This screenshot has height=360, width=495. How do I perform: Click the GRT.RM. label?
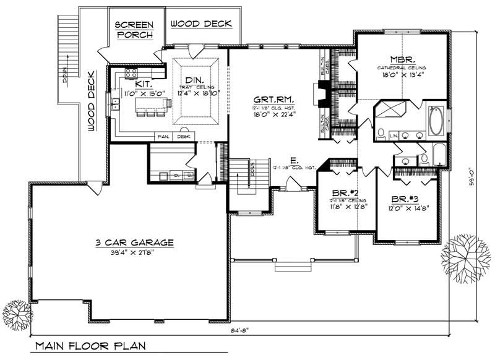[273, 100]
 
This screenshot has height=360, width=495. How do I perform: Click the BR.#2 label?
[345, 192]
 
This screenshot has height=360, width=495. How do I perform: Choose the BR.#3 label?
[405, 200]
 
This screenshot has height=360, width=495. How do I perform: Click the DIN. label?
[194, 79]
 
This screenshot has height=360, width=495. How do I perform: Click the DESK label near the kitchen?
[184, 136]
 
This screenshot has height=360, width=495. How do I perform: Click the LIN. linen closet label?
[394, 134]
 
